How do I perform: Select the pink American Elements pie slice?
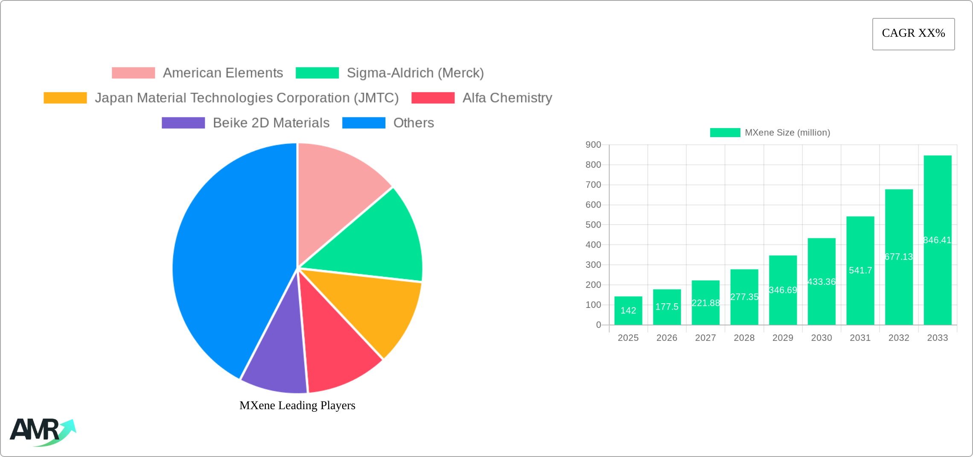click(x=337, y=192)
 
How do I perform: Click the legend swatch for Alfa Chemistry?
click(x=433, y=98)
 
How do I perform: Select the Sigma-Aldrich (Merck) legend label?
click(x=415, y=73)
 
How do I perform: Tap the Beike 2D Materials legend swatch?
click(x=183, y=123)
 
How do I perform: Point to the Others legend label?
click(x=414, y=123)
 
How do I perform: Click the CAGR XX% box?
click(x=913, y=34)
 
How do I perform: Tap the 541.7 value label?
click(x=860, y=270)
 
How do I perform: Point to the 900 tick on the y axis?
click(x=593, y=145)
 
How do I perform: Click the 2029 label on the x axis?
click(x=783, y=338)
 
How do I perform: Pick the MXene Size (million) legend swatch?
click(x=725, y=133)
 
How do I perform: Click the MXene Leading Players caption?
click(x=297, y=405)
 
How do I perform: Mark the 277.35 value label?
click(x=744, y=297)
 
